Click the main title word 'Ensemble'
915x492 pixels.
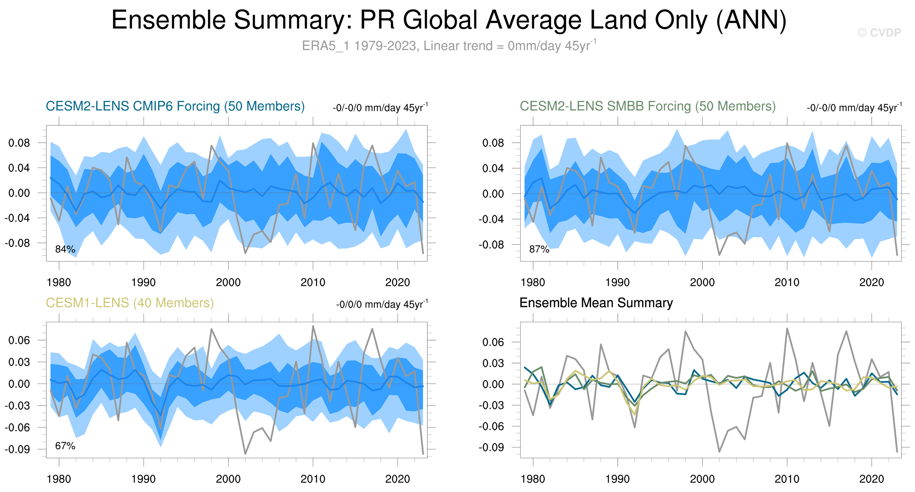coord(169,20)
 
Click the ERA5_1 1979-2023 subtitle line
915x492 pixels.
coord(449,46)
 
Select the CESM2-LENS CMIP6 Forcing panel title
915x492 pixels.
coord(175,106)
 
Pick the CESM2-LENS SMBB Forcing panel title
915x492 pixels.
coord(648,106)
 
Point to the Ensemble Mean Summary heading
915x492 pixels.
coord(596,303)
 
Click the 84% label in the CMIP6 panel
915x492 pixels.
coord(65,249)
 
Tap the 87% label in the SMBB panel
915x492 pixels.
coord(539,249)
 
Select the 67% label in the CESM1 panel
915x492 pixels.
coord(65,446)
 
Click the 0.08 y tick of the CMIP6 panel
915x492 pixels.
coord(19,143)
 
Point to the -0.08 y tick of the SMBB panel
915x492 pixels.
coord(491,245)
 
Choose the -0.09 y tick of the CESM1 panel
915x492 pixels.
coord(17,449)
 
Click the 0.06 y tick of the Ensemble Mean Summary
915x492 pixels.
coord(493,342)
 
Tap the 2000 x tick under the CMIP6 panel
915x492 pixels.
coord(228,283)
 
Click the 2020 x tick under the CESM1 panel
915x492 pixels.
coord(398,479)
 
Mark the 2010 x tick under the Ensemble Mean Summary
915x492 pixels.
coord(787,479)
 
